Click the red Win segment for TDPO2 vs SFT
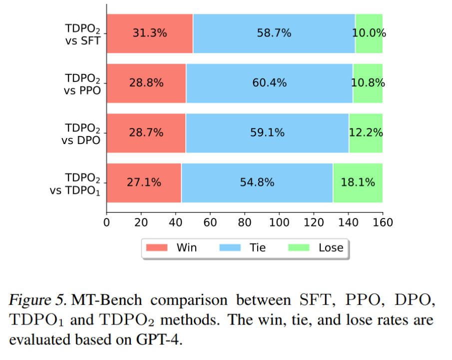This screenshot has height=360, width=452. click(149, 33)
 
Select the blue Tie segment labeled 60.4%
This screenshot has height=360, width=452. click(269, 83)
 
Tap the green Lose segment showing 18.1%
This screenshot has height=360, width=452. click(358, 182)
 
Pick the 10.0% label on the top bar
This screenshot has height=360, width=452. click(369, 33)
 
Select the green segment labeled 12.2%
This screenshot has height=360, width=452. click(366, 132)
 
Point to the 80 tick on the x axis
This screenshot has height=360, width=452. click(244, 220)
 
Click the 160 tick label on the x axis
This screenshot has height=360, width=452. click(382, 220)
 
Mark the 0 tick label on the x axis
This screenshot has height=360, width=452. click(106, 220)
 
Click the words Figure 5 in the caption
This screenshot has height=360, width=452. click(38, 301)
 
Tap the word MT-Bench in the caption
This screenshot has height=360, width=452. click(107, 301)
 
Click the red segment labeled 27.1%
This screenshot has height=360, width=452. click(144, 182)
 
